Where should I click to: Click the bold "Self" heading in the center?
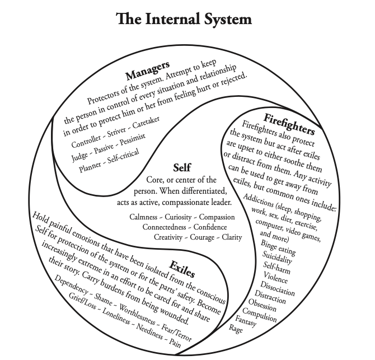point(182,167)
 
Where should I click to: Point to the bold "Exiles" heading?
point(182,268)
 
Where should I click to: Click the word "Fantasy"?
point(243,320)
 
